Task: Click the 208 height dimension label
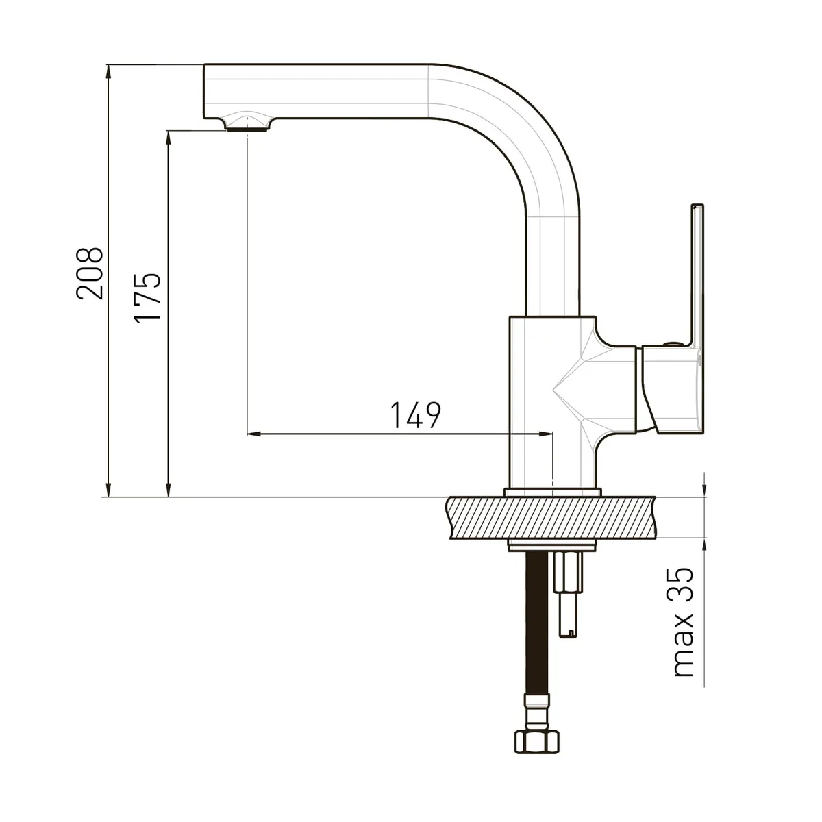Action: point(90,273)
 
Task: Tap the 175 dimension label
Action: point(147,298)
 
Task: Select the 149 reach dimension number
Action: point(416,414)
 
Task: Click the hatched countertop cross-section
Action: point(551,517)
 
